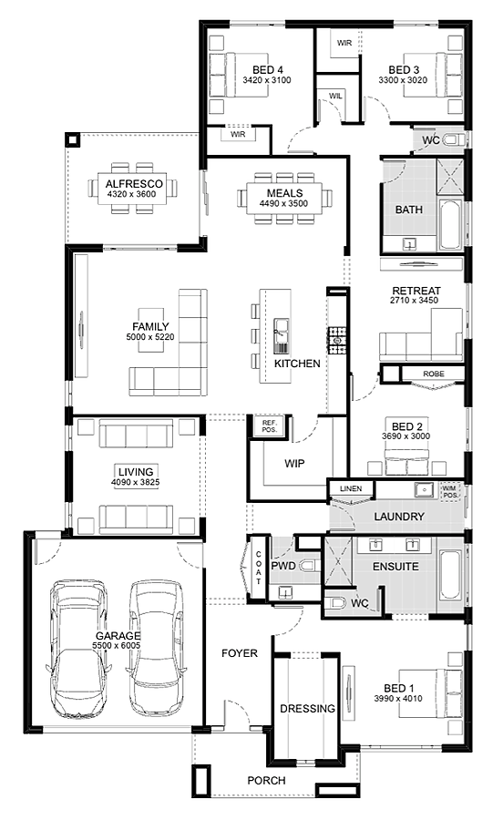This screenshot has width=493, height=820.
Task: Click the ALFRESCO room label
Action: pos(134,184)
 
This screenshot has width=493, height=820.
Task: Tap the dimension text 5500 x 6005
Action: pos(117,646)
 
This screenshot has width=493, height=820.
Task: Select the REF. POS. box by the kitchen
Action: pos(269,425)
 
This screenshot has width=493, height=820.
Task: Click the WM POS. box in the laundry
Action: pos(451,490)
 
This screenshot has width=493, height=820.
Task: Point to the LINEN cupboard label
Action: pos(351,488)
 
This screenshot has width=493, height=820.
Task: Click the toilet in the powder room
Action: pos(310,565)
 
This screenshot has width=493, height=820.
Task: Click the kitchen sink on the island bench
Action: pos(281,335)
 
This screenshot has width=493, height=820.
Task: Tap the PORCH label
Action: pos(266,780)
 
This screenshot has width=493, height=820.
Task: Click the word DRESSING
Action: pos(307,709)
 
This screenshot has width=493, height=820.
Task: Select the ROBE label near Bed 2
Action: pos(434,374)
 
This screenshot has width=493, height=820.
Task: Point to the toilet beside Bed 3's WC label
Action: pos(453,139)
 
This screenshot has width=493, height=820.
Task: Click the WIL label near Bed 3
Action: pos(335,97)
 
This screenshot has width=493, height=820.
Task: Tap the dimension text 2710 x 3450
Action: pos(414,300)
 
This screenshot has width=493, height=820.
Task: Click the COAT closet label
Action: pos(258,568)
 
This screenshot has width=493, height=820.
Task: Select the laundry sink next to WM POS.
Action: pos(424,490)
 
